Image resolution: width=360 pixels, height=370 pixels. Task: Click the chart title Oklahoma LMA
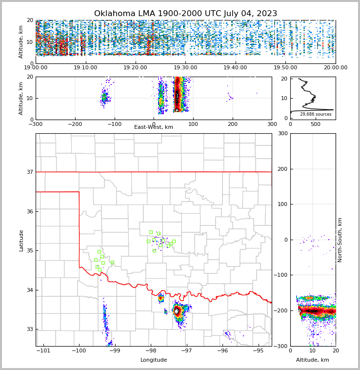tap(185, 14)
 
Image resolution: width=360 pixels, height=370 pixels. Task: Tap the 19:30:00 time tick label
tap(185, 68)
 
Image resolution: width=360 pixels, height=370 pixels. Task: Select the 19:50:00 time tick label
tap(285, 68)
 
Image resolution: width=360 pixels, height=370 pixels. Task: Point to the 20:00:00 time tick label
tap(335, 68)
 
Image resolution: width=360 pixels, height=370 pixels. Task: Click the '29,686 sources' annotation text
tap(316, 114)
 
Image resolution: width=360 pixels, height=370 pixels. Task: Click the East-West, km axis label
tap(154, 127)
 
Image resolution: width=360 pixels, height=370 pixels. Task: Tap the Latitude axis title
tap(21, 240)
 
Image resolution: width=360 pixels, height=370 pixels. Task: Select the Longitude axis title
tap(154, 360)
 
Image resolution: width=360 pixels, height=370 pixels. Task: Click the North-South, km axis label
tap(340, 240)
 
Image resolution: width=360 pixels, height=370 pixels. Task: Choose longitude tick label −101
tap(43, 350)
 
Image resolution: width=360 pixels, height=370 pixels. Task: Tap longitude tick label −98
tap(151, 350)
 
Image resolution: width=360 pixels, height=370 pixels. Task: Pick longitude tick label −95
tap(258, 350)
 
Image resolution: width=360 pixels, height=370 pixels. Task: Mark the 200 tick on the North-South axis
tap(282, 169)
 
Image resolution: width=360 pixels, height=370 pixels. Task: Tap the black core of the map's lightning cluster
tap(176, 311)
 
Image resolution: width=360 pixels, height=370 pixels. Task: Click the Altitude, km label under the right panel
tap(313, 360)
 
